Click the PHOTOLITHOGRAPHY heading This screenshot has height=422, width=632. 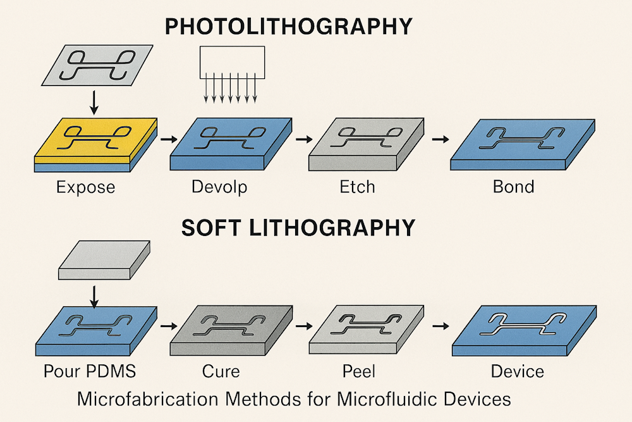click(289, 27)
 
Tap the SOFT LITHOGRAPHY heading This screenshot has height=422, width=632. click(298, 228)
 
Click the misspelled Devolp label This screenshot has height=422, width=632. click(219, 187)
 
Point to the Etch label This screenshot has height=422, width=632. click(358, 187)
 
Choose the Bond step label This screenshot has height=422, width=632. click(513, 187)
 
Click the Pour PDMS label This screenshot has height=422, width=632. click(90, 371)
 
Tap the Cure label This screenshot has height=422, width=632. click(221, 371)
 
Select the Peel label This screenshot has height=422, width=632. click(359, 371)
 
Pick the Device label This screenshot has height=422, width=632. click(518, 371)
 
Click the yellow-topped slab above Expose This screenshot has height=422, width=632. click(95, 144)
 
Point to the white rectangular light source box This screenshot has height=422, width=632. click(232, 62)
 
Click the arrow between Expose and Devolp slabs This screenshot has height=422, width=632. click(169, 140)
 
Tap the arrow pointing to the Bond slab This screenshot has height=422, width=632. click(441, 139)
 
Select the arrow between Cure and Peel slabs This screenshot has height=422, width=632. click(305, 326)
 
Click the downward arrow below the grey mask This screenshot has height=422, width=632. click(94, 103)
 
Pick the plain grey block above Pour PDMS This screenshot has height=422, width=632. click(104, 260)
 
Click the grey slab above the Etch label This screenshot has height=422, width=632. click(367, 144)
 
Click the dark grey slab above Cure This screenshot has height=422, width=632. click(231, 330)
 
